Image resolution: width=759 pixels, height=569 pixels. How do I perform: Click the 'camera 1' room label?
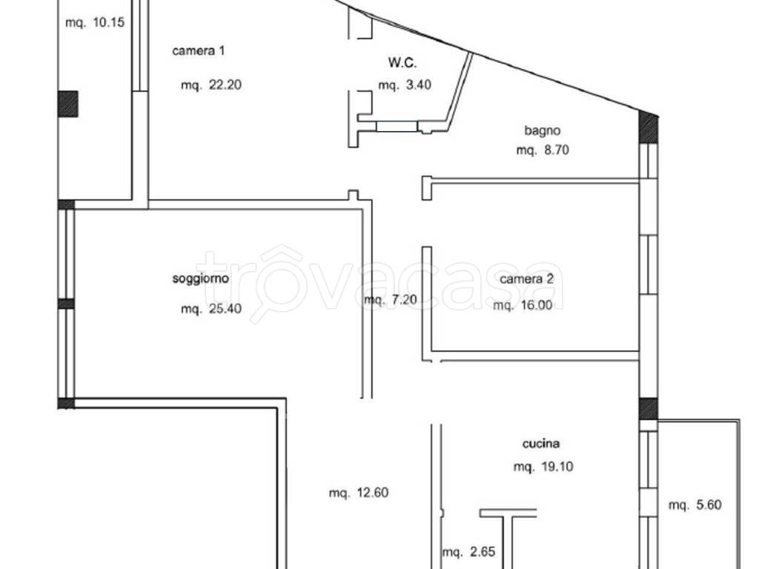[199, 50]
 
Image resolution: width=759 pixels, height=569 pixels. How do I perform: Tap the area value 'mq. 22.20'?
[211, 85]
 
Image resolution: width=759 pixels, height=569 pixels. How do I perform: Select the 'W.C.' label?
[402, 62]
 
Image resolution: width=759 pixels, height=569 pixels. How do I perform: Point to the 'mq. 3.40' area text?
[405, 85]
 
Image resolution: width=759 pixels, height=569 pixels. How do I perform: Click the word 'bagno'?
[542, 130]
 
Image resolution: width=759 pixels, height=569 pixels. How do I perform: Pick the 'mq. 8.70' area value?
[542, 150]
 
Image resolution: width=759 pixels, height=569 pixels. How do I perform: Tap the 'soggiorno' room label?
[200, 279]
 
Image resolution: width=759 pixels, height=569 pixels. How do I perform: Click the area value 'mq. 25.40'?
[211, 309]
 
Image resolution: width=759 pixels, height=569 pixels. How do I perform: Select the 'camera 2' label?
[527, 279]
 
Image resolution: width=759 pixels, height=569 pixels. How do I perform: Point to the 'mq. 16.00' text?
[523, 305]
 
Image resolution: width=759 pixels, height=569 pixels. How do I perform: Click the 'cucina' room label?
[541, 443]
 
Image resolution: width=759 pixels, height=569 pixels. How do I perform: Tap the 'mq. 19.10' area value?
[543, 467]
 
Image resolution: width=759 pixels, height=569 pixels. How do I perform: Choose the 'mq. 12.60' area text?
[359, 493]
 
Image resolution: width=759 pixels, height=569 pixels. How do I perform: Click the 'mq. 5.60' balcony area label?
[695, 505]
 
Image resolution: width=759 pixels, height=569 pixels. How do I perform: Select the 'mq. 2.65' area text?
[468, 551]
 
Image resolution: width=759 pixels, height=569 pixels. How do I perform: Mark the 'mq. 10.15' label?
[95, 22]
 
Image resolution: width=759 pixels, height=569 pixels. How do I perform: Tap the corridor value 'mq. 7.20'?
[390, 300]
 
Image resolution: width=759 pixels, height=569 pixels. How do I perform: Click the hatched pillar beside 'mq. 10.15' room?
[67, 104]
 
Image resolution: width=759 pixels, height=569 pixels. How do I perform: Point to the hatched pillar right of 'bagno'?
[648, 127]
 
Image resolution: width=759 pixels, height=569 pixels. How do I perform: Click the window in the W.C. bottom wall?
[397, 126]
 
